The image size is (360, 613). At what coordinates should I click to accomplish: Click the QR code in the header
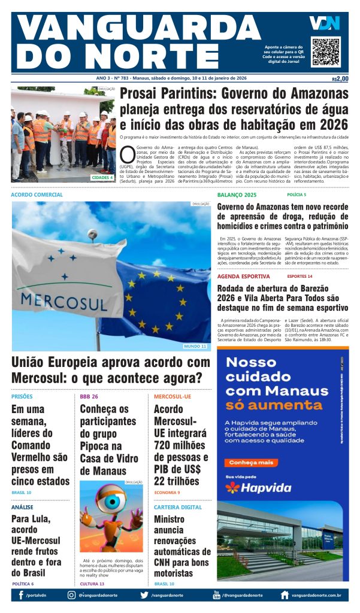[x=326, y=52]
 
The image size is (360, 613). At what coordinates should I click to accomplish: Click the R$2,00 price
[x=340, y=78]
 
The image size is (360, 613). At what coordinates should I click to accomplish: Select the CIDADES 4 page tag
[x=102, y=177]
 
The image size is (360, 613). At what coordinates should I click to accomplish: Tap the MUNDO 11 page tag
[x=195, y=346]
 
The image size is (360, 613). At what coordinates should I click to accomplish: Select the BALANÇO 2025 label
[x=237, y=195]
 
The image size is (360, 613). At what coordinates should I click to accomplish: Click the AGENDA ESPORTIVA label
[x=243, y=277]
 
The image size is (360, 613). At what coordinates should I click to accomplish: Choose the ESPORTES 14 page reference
[x=300, y=277]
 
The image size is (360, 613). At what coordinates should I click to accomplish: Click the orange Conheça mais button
[x=252, y=462]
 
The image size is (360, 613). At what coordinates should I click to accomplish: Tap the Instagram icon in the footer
[x=71, y=595]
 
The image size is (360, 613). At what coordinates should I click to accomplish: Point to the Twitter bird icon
[x=144, y=595]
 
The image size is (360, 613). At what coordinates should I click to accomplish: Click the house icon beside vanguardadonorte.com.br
[x=285, y=595]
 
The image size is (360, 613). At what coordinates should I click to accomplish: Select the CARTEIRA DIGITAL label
[x=178, y=507]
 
